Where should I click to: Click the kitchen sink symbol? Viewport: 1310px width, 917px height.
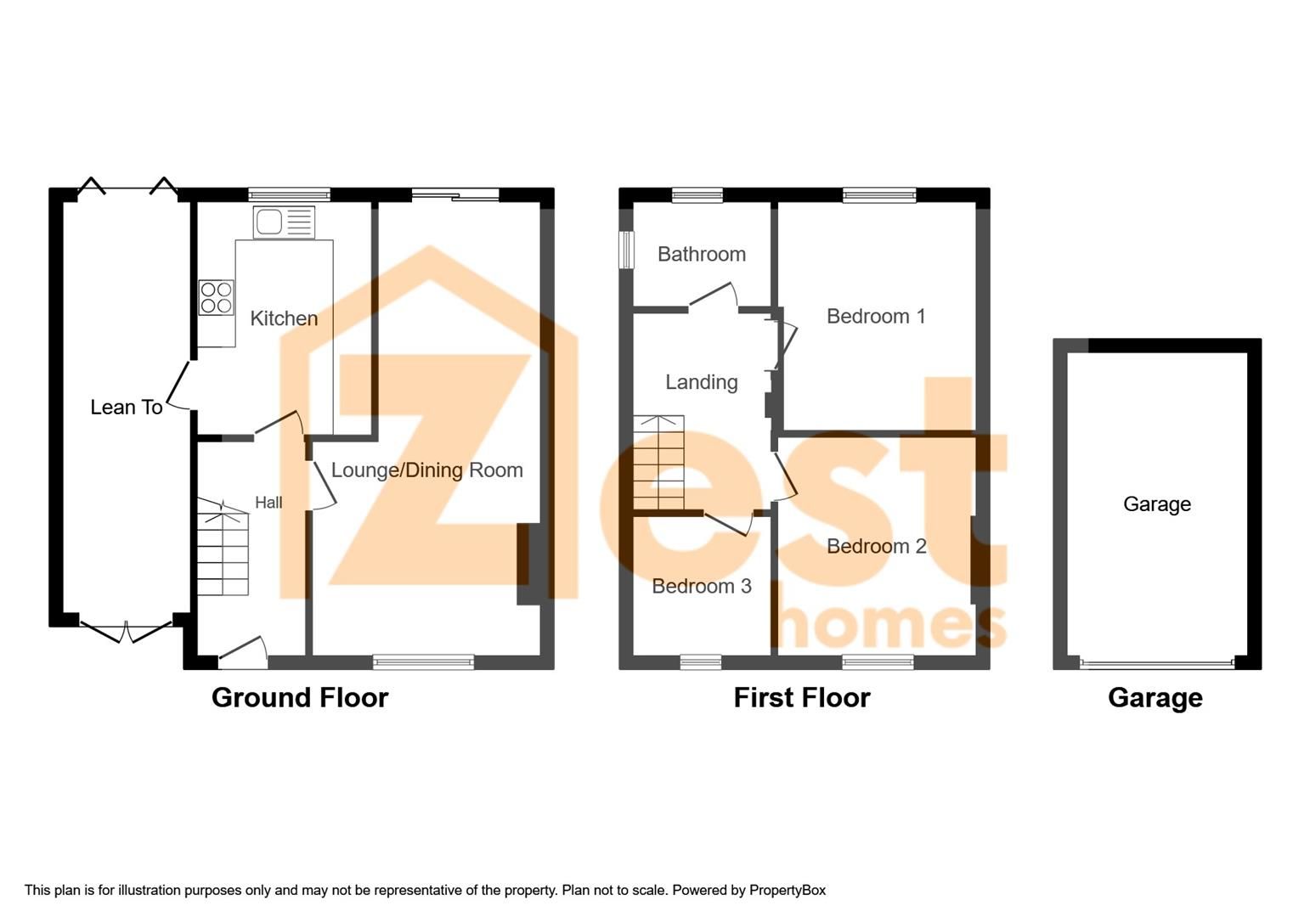[x=284, y=222]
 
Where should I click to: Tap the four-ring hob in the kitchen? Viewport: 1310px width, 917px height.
[x=216, y=297]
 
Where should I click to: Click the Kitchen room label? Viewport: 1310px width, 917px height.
[x=284, y=318]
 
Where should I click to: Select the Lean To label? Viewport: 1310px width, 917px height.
[x=127, y=408]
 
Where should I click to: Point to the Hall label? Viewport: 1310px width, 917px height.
[x=268, y=503]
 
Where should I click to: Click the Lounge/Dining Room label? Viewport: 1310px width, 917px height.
[x=426, y=470]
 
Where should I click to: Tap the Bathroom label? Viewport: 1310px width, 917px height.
[x=702, y=254]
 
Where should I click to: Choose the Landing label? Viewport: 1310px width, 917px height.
[x=701, y=382]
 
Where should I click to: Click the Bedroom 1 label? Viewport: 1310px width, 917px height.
[x=876, y=317]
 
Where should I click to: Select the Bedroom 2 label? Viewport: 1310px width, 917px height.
[x=876, y=546]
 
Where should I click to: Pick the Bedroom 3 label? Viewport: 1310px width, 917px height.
[x=702, y=586]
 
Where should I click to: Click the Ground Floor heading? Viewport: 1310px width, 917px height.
[x=300, y=697]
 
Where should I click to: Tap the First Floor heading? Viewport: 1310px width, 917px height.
[x=802, y=697]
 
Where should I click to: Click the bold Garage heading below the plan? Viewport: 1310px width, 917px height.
[x=1155, y=697]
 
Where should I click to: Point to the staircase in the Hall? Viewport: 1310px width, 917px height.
[x=223, y=548]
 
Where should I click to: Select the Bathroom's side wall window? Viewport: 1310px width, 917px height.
[x=626, y=250]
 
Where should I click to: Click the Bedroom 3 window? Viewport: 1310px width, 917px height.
[x=701, y=661]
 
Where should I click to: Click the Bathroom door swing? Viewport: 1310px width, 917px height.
[x=714, y=296]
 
